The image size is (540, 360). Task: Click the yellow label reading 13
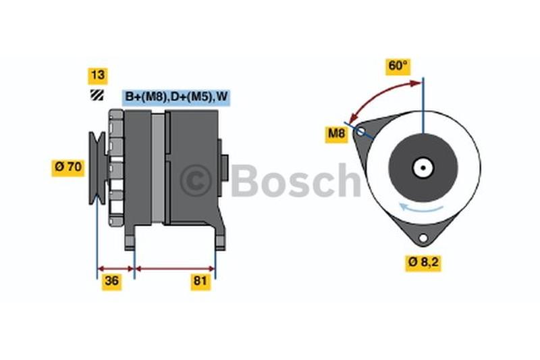pos(98,76)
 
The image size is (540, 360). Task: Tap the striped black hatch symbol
pos(97,95)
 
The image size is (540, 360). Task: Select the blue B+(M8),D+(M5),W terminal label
pos(176,97)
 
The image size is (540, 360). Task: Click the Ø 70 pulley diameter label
pos(68,168)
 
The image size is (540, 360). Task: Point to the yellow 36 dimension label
pos(111,282)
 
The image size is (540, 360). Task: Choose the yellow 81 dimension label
pos(200,282)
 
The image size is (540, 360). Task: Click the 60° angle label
pos(398,66)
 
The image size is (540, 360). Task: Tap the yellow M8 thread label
pos(336,134)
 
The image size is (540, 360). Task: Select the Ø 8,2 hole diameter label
pos(423,263)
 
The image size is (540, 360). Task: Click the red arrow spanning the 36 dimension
pos(115,269)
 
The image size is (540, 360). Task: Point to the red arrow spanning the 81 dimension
pos(175,269)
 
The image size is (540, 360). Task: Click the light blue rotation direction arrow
pos(421,208)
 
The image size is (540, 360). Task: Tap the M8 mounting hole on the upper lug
pos(360,131)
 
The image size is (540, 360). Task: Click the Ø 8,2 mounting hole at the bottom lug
pos(423,238)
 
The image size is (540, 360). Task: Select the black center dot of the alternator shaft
pos(423,168)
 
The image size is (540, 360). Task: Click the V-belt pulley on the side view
pos(98,168)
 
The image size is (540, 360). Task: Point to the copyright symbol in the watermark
pos(196,180)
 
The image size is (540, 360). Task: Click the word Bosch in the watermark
pos(296,180)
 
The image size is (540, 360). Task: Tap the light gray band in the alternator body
pos(158,168)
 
